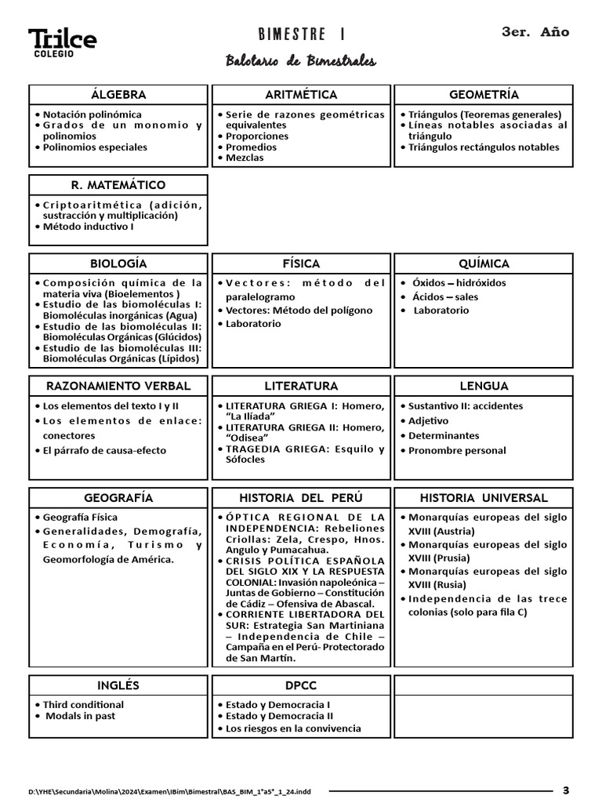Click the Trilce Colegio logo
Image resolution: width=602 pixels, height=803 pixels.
pos(62,42)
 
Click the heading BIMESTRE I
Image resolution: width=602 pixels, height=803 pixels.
pos(301,35)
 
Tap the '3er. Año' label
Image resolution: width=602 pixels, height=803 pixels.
pos(535,32)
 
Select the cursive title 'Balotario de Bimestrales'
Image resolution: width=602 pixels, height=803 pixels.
pos(301,61)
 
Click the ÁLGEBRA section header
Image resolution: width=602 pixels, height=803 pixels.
pos(118,94)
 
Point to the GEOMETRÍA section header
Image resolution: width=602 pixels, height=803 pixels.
pos(484,94)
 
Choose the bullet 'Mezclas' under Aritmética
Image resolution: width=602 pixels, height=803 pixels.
pos(245,158)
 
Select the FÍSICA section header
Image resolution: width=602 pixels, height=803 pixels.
pos(301,263)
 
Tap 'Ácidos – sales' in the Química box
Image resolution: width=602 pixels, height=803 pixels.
pos(444,296)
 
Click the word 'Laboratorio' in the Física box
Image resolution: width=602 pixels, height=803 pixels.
pos(253,323)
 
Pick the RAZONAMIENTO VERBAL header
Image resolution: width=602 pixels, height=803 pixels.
pos(118,386)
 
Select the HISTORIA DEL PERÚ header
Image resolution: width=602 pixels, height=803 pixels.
pos(301,498)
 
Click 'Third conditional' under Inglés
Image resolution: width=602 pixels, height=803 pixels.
pos(83,704)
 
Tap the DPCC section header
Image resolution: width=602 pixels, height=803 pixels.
pos(301,685)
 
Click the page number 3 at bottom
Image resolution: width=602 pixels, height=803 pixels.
pos(566,790)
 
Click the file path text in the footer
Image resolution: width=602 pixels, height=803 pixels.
pos(169,792)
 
